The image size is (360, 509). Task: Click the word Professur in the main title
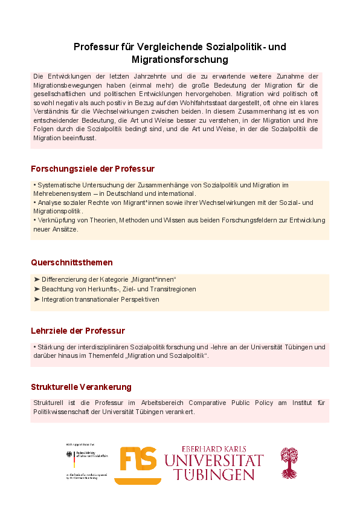point(95,47)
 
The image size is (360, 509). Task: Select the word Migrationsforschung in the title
point(180,59)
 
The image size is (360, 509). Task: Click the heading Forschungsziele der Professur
point(93,168)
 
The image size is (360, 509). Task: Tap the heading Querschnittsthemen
point(72,262)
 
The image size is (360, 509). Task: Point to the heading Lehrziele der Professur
point(78,331)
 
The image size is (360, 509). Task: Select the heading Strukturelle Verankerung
point(81,386)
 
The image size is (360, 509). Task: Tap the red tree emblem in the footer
point(289,462)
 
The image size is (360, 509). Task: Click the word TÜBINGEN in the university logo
point(214,474)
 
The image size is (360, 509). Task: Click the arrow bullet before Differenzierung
point(37,279)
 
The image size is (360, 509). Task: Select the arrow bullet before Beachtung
point(37,289)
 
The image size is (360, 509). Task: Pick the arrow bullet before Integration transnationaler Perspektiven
point(37,299)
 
